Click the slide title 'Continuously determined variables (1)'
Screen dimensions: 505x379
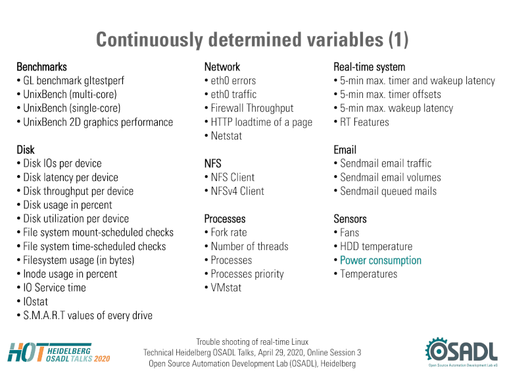click(x=252, y=40)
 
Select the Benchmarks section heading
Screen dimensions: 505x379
click(x=42, y=67)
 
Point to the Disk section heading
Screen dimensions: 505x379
click(x=26, y=150)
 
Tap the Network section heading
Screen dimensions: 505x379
click(x=222, y=67)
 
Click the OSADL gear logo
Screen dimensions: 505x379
click(x=461, y=351)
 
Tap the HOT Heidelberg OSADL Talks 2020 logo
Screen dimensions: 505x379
click(x=59, y=353)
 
